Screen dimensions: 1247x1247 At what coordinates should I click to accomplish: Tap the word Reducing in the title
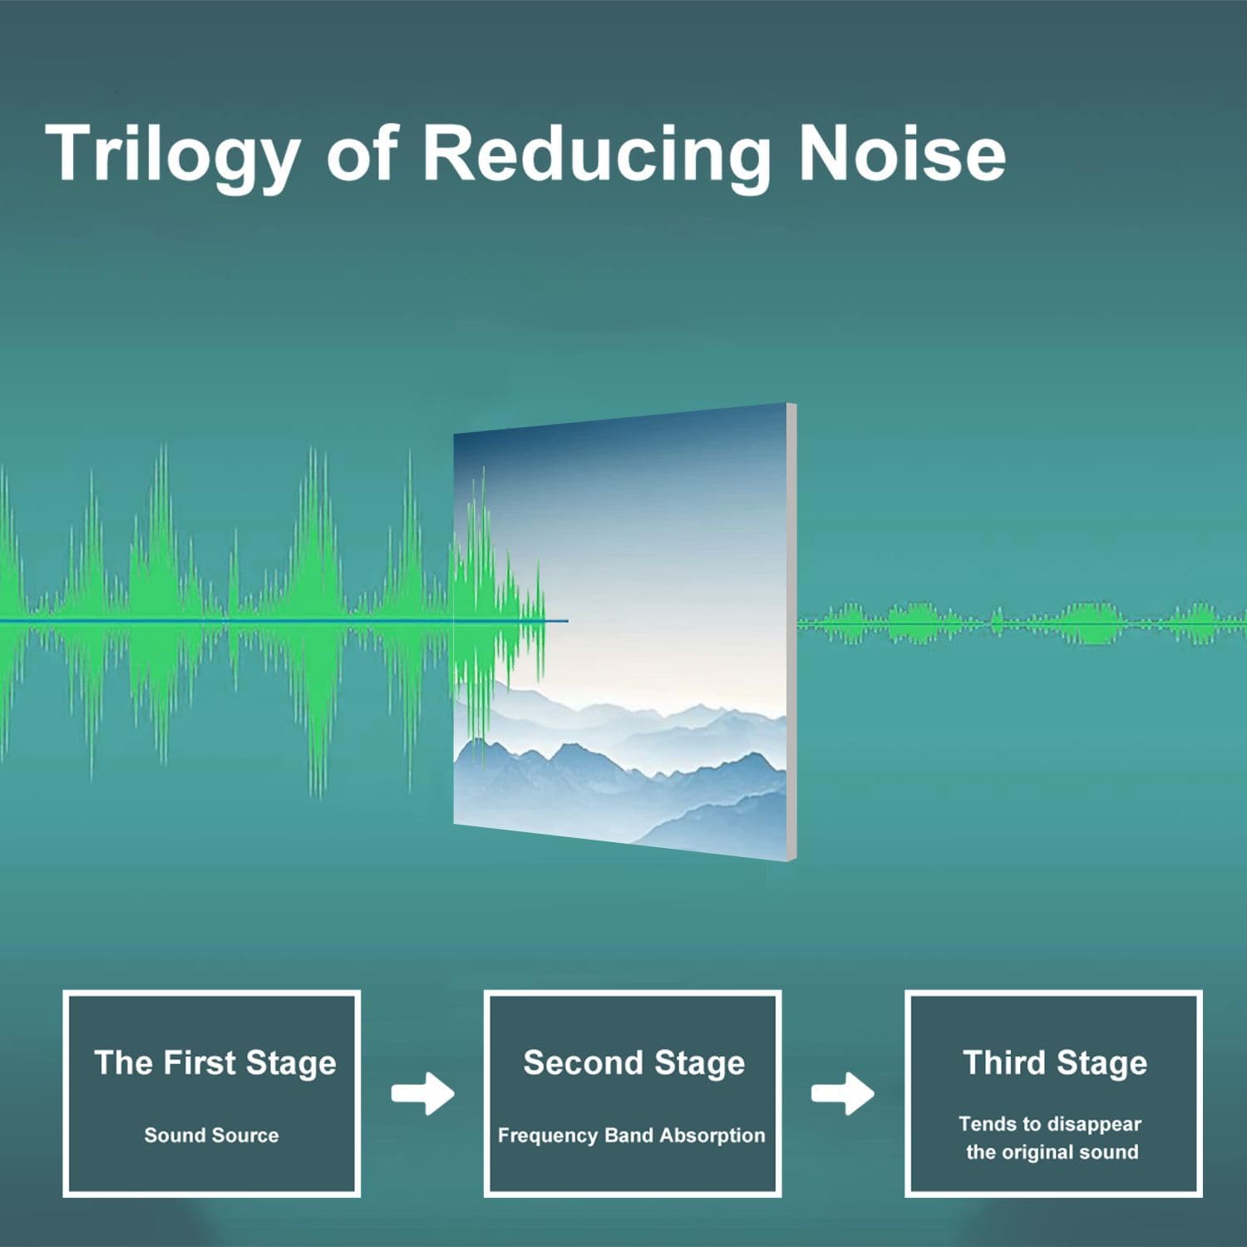(x=596, y=154)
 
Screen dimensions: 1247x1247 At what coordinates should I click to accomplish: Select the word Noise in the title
(x=901, y=154)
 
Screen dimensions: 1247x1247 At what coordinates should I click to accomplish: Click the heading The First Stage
(x=214, y=1062)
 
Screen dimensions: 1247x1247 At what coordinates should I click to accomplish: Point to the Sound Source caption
(x=211, y=1135)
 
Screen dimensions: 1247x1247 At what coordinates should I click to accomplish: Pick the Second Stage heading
(x=633, y=1062)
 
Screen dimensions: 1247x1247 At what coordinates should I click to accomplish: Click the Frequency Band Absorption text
(x=631, y=1135)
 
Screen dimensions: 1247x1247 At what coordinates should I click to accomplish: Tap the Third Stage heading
(x=1054, y=1062)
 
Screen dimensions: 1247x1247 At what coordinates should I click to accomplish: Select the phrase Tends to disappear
(x=1049, y=1124)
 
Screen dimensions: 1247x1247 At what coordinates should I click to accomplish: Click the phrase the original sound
(x=1052, y=1152)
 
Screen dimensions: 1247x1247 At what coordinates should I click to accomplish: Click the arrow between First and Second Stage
(x=423, y=1092)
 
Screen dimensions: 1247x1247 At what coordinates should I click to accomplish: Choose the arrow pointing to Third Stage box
(x=843, y=1092)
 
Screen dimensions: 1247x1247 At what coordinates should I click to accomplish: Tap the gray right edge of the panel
(x=791, y=632)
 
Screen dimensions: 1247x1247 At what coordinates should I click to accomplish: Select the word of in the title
(x=362, y=154)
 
